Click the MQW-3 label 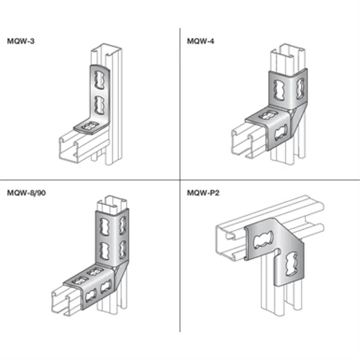21,41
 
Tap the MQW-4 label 201,41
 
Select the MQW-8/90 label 27,193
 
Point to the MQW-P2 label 203,193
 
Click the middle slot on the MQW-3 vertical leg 99,106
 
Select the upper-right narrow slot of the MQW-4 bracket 300,89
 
